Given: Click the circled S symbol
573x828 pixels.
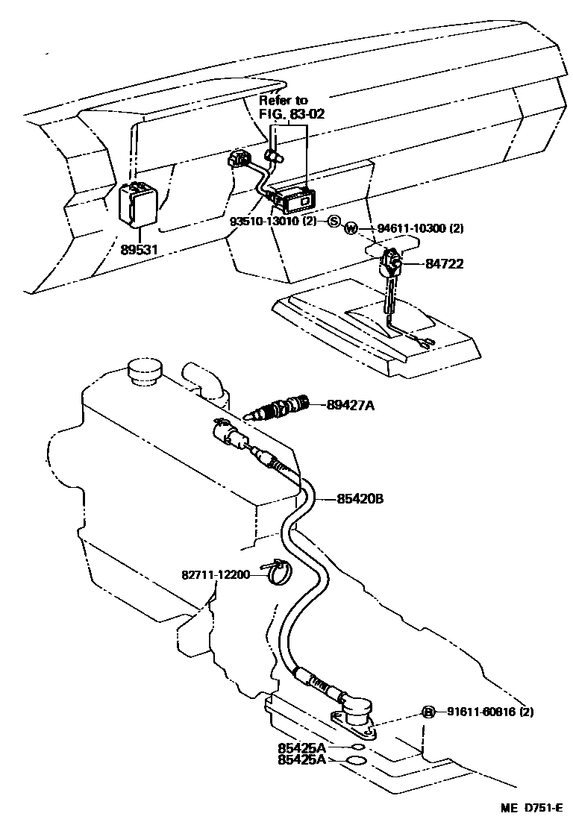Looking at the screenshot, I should pos(334,222).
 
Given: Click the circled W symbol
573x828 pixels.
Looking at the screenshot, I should pos(351,229).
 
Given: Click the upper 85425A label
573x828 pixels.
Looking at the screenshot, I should pos(301,747).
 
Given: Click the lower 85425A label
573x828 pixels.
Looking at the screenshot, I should pos(301,760).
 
